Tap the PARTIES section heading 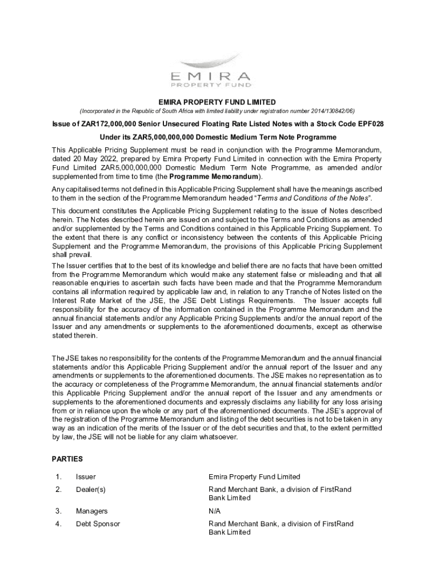(67, 459)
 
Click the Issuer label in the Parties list (86, 476)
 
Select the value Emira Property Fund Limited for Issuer (254, 476)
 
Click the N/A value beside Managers (215, 511)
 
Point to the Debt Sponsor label (98, 524)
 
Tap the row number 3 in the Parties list (58, 511)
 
